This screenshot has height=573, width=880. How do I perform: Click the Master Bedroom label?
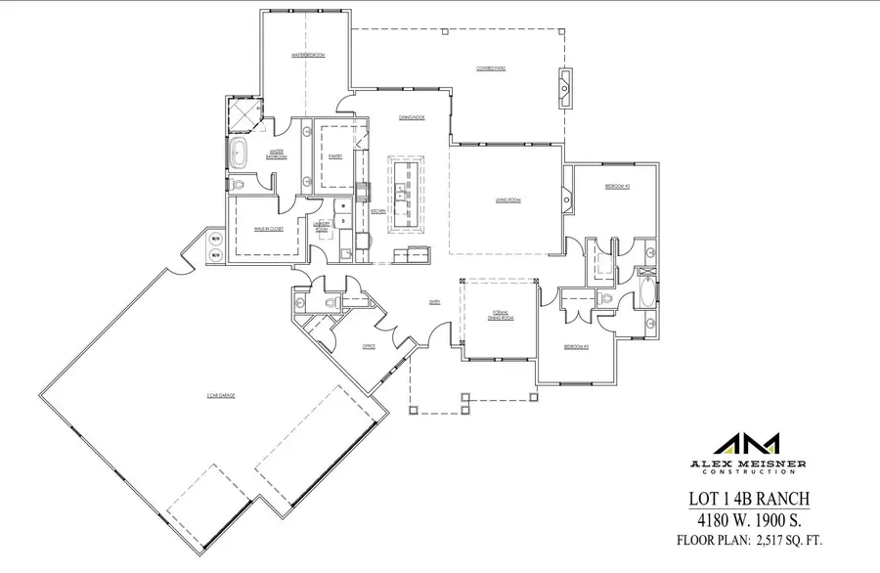tap(307, 56)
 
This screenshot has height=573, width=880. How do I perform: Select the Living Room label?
tap(506, 199)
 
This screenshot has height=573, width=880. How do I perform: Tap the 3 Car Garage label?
tap(222, 395)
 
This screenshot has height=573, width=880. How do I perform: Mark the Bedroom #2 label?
tap(616, 186)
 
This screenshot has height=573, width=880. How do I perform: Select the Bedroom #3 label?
tap(575, 347)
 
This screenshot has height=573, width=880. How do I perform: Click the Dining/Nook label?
tap(411, 117)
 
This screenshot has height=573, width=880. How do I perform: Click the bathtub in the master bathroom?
tap(239, 154)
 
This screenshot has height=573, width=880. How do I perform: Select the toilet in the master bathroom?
tap(238, 183)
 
